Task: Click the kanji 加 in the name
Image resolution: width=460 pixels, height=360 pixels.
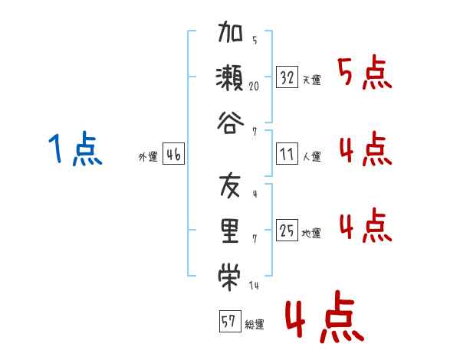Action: (230, 31)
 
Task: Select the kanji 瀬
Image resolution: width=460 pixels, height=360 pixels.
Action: (230, 77)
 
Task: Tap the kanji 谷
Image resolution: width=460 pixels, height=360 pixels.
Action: (230, 123)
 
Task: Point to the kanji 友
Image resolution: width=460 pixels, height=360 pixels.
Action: (230, 185)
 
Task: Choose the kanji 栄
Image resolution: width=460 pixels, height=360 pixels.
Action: (229, 277)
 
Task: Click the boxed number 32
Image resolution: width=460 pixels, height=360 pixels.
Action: (287, 77)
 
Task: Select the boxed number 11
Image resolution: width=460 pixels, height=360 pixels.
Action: (287, 154)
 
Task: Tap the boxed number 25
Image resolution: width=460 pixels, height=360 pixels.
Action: (287, 230)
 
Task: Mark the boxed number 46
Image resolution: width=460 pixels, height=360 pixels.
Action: (173, 154)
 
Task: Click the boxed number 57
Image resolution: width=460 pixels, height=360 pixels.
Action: (230, 321)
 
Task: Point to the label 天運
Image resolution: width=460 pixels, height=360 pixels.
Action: (312, 80)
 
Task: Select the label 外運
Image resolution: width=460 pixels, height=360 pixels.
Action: (148, 156)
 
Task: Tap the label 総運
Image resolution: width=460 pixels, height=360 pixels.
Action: (255, 324)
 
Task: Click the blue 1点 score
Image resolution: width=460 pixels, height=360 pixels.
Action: (75, 149)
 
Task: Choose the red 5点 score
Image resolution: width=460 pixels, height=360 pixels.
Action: (365, 72)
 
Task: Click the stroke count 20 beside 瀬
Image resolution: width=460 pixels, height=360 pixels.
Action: (254, 87)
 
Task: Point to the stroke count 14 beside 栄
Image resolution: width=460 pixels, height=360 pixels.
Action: (254, 286)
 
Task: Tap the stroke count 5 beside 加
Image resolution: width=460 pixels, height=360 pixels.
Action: (255, 40)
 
